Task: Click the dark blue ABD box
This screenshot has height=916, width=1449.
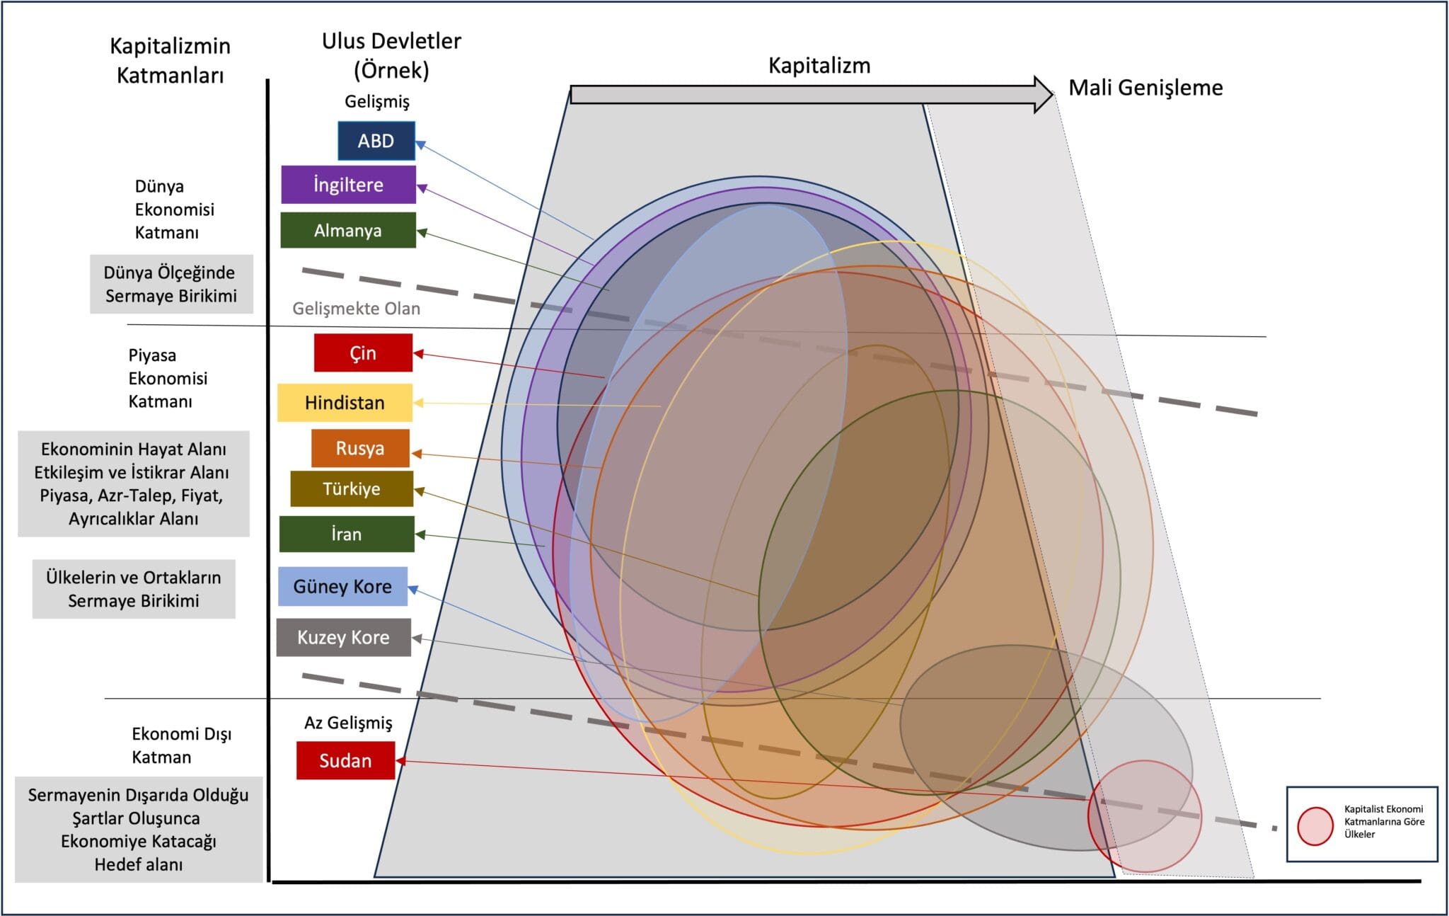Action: coord(376,141)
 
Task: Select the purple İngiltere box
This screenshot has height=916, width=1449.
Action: coord(348,185)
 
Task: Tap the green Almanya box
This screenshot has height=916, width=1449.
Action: coord(348,230)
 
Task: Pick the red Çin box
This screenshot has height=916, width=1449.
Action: coord(363,353)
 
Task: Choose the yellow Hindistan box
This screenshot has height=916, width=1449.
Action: coord(345,403)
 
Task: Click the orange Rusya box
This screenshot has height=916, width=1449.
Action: coord(360,448)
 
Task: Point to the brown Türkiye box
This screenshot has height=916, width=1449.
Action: coord(352,489)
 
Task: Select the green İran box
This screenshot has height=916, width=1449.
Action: coord(347,534)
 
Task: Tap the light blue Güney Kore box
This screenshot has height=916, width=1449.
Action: coord(342,586)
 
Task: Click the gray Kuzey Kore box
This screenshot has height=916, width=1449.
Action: coord(343,637)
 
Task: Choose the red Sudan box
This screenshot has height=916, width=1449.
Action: coord(345,760)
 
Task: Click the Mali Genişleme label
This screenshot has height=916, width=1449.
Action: coord(1145,88)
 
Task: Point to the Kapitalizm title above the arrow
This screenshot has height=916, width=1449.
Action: coord(819,66)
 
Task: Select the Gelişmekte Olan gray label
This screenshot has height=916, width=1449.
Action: coord(357,309)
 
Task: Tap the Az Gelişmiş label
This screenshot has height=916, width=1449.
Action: coord(348,723)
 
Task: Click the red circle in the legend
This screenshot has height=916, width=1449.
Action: coord(1315,826)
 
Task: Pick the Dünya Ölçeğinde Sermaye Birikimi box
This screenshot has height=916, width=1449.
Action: coord(171,284)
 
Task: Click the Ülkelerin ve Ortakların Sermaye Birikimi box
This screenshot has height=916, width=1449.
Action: coord(134,589)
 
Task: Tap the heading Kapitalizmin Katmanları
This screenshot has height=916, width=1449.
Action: coord(170,60)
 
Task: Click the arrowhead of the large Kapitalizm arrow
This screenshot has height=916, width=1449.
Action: coord(1044,95)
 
